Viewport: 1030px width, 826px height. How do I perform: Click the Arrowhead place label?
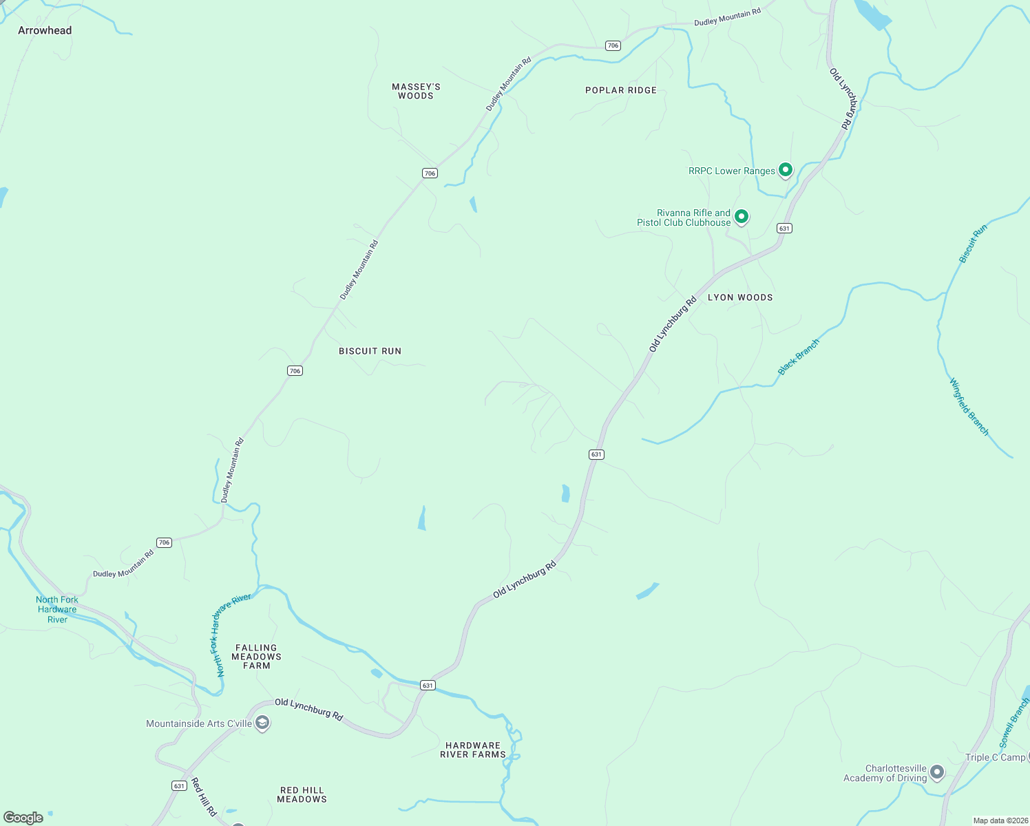(45, 30)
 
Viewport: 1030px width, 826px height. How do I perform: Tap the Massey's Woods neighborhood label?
(416, 92)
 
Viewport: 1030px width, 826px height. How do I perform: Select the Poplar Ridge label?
(620, 90)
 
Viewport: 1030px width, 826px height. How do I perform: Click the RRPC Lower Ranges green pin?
(785, 169)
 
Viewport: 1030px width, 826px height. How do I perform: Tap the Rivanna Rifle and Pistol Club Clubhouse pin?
(741, 217)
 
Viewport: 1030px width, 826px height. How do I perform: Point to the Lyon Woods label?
(740, 297)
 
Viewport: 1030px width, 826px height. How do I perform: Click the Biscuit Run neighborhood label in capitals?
(370, 351)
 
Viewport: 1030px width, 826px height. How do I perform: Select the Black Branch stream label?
(799, 357)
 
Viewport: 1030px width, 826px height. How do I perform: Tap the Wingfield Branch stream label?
(969, 407)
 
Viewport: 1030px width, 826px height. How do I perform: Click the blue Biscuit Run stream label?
(973, 244)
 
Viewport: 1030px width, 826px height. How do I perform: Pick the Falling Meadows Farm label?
(256, 657)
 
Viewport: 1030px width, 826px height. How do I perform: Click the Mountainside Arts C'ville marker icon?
(262, 723)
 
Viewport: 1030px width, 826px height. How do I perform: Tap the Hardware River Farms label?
(473, 750)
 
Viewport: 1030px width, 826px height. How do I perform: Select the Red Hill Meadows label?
(302, 794)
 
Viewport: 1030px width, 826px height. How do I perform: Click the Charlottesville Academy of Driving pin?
(936, 772)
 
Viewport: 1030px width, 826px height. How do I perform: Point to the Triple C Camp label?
(995, 757)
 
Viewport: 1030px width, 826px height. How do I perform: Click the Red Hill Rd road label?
(204, 796)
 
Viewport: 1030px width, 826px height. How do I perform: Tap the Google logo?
(23, 818)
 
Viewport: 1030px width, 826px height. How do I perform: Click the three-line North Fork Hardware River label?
(57, 609)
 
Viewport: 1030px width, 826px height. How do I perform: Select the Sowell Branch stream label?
(1013, 723)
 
